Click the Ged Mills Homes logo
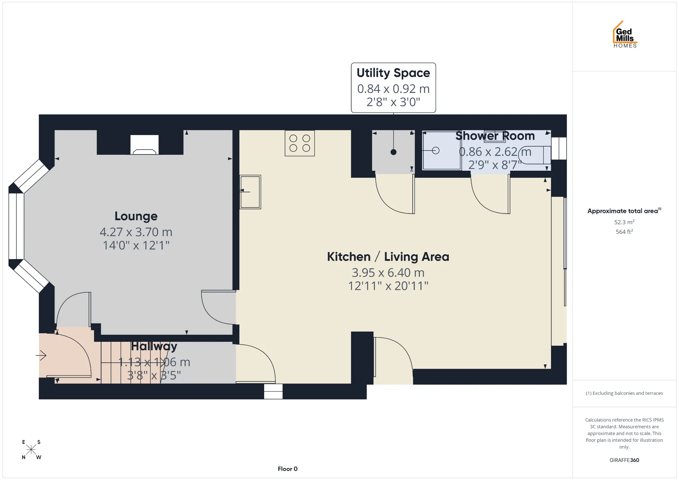pyautogui.click(x=625, y=34)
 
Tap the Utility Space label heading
pyautogui.click(x=393, y=73)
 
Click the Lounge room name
pyautogui.click(x=136, y=216)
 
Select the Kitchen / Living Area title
pyautogui.click(x=388, y=257)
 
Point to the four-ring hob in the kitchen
pyautogui.click(x=300, y=143)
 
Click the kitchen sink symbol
pyautogui.click(x=250, y=192)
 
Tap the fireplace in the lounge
pyautogui.click(x=144, y=145)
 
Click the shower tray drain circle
pyautogui.click(x=436, y=151)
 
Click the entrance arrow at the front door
pyautogui.click(x=41, y=355)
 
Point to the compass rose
pyautogui.click(x=31, y=450)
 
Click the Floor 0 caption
pyautogui.click(x=288, y=469)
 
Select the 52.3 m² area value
pyautogui.click(x=624, y=222)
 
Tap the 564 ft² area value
pyautogui.click(x=624, y=232)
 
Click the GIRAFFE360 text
pyautogui.click(x=624, y=460)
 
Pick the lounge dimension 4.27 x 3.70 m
pyautogui.click(x=136, y=232)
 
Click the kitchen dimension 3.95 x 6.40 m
pyautogui.click(x=388, y=273)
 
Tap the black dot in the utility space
pyautogui.click(x=394, y=152)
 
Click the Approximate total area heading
pyautogui.click(x=624, y=211)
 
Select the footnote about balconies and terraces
pyautogui.click(x=624, y=393)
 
